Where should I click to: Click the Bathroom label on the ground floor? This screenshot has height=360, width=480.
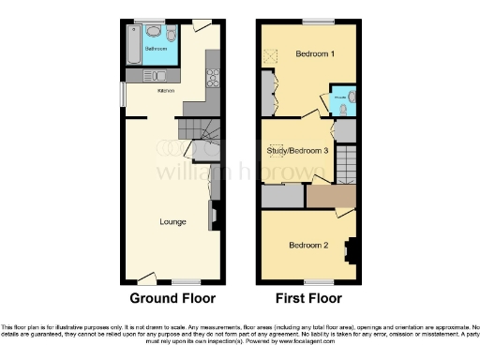[157, 49]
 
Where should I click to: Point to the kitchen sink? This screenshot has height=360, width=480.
[156, 76]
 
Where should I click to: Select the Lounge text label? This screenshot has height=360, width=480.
[172, 222]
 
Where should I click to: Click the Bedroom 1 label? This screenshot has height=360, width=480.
[315, 53]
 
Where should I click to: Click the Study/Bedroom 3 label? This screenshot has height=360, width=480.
[296, 150]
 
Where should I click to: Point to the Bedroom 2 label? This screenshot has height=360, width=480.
[307, 246]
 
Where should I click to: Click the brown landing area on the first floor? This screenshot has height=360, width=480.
[332, 197]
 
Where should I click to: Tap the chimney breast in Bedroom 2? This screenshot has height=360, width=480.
[352, 249]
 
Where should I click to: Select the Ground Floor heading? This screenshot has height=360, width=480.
[172, 299]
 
